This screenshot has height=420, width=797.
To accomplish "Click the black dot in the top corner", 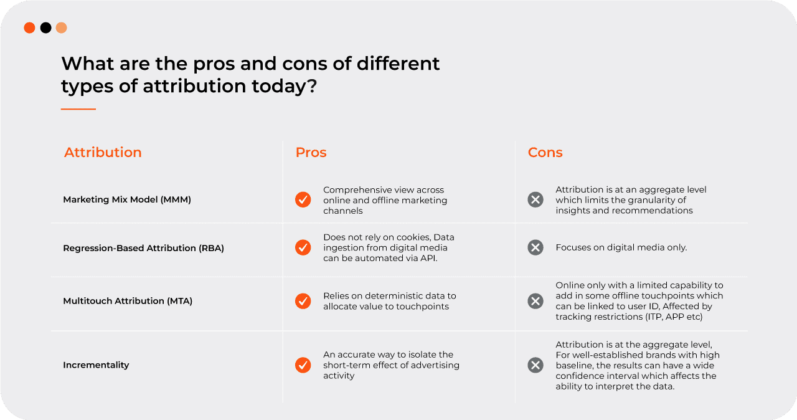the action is point(45,28).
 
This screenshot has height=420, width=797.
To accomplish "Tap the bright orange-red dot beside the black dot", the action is point(29,28).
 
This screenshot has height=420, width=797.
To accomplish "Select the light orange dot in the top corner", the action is point(61,28).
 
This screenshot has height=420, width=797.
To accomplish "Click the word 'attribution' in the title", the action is point(194,86).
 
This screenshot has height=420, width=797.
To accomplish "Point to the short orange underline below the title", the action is point(78,109).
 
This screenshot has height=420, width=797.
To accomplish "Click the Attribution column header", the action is point(103,152).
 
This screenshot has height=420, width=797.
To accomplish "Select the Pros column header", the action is point(311,152).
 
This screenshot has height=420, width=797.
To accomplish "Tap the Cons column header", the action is point(545,152).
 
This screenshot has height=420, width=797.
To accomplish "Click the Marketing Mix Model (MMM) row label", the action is point(127,199).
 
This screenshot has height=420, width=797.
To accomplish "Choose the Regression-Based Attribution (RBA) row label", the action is point(143,248).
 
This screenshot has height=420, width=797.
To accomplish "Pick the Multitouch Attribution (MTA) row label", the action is point(128,301).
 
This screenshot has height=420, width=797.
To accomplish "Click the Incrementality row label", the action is point(96,365).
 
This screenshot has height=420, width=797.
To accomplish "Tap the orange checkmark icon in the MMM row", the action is point(303,199).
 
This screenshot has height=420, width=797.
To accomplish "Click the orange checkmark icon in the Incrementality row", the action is point(303,365).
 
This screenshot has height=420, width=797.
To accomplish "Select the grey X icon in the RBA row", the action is point(535,247).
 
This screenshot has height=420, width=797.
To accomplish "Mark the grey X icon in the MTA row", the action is point(535,301).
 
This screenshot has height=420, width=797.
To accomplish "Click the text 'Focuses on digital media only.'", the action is point(621,247).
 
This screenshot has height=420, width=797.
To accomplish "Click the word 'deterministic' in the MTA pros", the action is point(400,296).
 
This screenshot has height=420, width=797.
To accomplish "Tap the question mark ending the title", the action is point(312,86).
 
